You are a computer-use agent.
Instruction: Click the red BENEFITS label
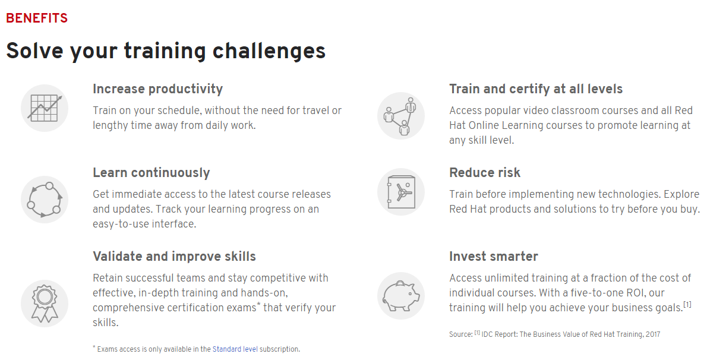pos(37,18)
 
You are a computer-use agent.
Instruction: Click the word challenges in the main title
pos(269,51)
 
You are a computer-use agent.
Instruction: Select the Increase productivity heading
pos(157,89)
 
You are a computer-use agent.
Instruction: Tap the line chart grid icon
pos(45,108)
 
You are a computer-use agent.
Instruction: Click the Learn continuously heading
pos(151,173)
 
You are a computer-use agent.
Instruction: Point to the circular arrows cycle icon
pos(45,199)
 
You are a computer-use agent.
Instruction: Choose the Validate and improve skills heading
pos(174,256)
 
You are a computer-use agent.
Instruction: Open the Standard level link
pos(235,349)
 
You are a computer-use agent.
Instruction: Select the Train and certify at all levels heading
pos(536,89)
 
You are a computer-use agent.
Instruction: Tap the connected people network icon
pos(401,116)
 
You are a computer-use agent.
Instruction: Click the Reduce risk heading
pos(485,173)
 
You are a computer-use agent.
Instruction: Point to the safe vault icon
pos(401,192)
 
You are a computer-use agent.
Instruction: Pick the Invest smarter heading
pos(494,256)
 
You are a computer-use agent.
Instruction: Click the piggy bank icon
pos(401,296)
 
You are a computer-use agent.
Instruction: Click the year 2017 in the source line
pos(652,334)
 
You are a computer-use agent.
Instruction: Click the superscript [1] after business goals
pos(687,305)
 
